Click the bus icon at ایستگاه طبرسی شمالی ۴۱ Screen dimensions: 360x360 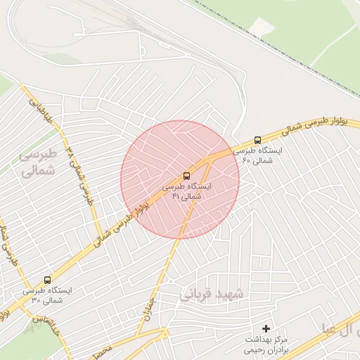(186, 175)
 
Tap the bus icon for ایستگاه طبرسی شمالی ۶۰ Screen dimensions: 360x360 (257, 140)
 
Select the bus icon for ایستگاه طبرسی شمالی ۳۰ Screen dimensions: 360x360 (47, 279)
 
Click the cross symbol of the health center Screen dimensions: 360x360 (266, 328)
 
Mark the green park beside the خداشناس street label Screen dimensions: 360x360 (46, 340)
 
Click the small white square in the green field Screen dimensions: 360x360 (262, 27)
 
